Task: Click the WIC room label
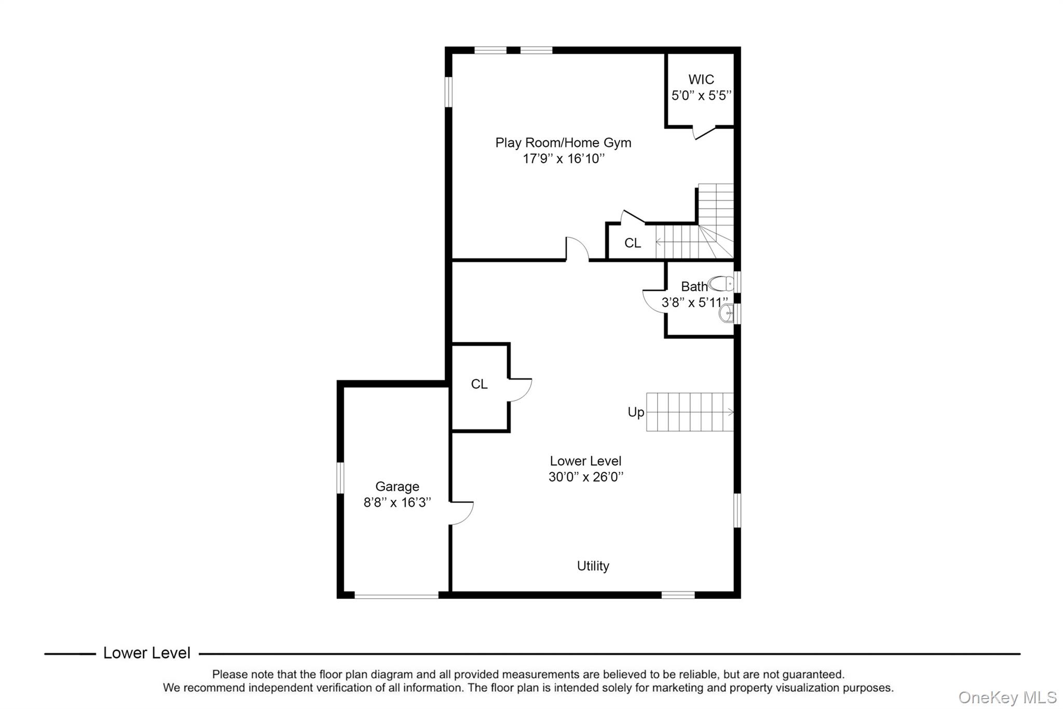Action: point(701,79)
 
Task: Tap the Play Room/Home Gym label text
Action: point(563,143)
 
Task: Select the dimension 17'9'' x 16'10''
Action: point(563,159)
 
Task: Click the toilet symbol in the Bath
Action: point(721,284)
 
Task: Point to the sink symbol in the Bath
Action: point(727,313)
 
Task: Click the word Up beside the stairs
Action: point(636,412)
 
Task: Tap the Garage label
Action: point(397,487)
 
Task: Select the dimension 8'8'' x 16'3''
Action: point(397,503)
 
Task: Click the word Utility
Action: point(593,566)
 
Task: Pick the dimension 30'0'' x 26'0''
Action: point(585,477)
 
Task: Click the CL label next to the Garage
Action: point(479,384)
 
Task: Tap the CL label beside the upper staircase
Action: point(632,243)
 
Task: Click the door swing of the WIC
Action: point(704,133)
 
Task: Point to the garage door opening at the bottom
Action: point(397,596)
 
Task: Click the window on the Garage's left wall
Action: point(340,478)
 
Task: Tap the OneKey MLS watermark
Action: point(1007,698)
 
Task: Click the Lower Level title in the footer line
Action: point(147,653)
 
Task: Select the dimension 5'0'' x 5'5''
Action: point(701,96)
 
